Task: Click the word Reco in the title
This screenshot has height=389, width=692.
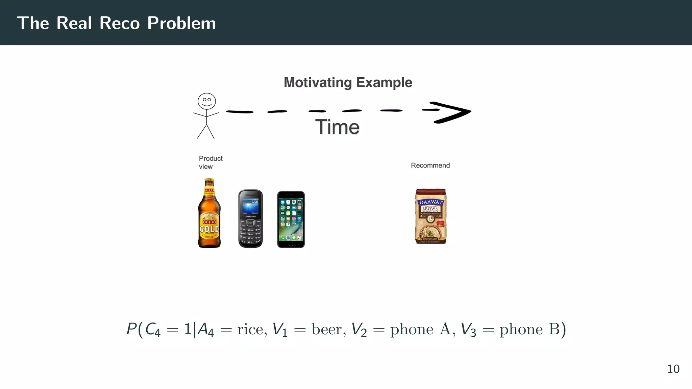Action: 120,23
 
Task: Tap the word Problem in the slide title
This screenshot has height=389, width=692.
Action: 181,23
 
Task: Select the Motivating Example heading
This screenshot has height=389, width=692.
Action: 348,82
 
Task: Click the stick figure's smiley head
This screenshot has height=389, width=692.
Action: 207,101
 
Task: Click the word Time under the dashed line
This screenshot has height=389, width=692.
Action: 337,127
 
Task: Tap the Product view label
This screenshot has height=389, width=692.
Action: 211,162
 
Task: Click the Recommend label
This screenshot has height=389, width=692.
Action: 430,165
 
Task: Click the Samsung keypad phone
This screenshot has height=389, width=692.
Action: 250,219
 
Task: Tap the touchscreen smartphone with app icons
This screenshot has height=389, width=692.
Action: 291,219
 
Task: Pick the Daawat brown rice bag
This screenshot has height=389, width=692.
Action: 430,216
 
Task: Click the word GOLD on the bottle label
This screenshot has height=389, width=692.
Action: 209,229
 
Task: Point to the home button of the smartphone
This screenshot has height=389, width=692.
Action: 291,244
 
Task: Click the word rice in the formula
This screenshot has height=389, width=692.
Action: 250,330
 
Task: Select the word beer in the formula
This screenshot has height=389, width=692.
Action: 326,330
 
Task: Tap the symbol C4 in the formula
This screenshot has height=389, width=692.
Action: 152,330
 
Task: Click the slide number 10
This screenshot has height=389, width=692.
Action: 673,369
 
